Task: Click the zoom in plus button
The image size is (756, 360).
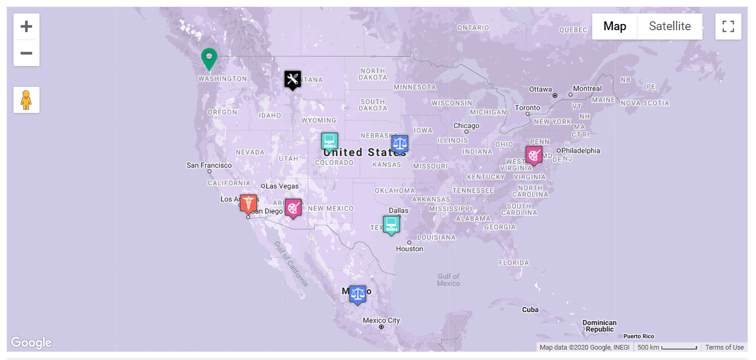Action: click(26, 27)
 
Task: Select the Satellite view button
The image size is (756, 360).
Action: click(670, 27)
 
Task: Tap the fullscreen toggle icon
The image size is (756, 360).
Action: click(728, 27)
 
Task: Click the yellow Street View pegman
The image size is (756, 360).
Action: click(26, 99)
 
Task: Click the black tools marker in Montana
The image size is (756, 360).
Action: click(292, 80)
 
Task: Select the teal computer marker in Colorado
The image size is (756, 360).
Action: click(329, 141)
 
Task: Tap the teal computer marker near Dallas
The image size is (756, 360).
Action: click(391, 225)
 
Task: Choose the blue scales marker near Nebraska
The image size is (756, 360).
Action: click(399, 144)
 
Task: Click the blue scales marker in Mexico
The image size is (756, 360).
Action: click(357, 294)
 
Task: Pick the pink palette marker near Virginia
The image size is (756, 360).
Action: click(533, 155)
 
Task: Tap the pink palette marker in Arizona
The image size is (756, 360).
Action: click(293, 208)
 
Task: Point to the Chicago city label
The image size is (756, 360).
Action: click(466, 126)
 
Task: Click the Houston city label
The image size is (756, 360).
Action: click(409, 249)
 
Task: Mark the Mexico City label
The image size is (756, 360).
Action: click(381, 320)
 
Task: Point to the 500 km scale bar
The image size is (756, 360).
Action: click(668, 348)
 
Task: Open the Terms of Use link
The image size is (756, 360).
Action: click(724, 348)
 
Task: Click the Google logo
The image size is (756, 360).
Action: click(31, 342)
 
